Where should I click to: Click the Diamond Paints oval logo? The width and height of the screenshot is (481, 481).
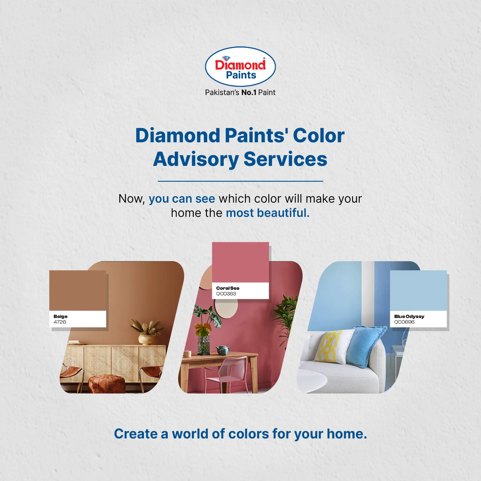click(x=240, y=67)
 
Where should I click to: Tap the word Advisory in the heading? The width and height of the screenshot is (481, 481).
click(x=196, y=159)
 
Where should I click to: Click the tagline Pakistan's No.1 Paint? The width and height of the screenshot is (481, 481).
click(x=240, y=92)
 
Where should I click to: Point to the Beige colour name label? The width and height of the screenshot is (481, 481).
click(x=60, y=316)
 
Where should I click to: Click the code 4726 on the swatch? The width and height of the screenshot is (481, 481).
click(x=60, y=322)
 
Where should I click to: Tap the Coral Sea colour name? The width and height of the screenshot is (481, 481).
click(x=228, y=288)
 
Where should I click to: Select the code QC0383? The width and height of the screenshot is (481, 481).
click(x=226, y=294)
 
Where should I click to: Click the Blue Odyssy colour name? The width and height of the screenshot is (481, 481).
click(x=409, y=316)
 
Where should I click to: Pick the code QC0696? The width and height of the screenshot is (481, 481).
click(x=404, y=322)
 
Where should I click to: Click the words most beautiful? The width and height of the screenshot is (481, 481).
click(x=268, y=213)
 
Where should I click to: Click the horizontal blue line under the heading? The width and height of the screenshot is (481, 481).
click(x=240, y=181)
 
